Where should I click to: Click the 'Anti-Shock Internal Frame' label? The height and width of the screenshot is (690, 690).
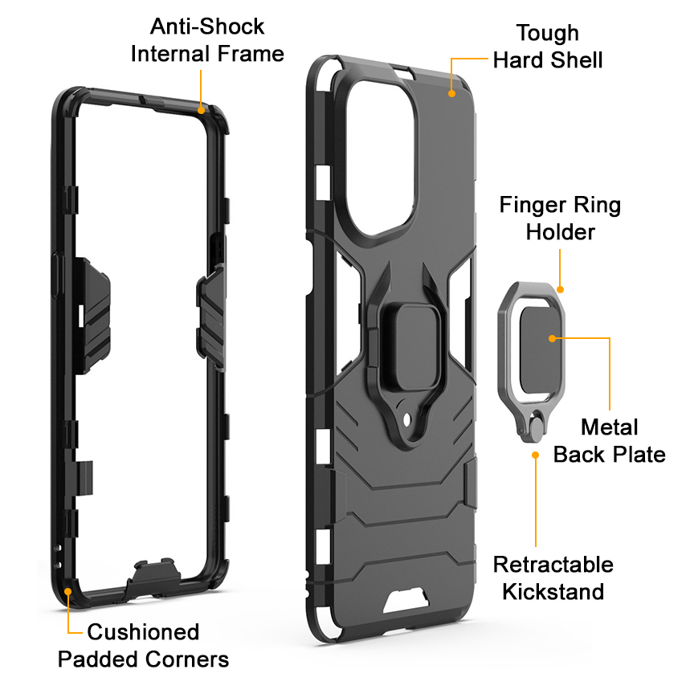click(207, 40)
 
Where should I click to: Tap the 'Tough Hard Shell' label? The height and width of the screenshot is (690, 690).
click(547, 46)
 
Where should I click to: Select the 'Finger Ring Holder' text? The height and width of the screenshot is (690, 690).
click(560, 218)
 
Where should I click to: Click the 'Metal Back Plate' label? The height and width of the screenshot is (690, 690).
click(609, 440)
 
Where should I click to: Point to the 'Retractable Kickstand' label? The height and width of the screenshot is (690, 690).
click(553, 578)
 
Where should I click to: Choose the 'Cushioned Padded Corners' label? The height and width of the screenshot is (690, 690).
click(143, 645)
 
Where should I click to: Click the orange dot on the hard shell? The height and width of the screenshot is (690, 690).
click(452, 93)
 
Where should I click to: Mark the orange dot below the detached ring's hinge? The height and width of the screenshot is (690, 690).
click(535, 455)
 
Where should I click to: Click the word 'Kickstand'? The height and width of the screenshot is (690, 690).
click(553, 592)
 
